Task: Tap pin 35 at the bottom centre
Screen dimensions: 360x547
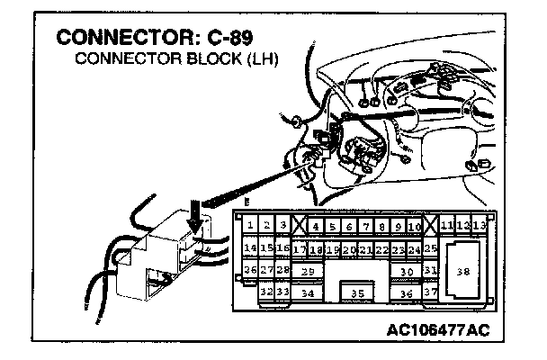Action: [x=358, y=292]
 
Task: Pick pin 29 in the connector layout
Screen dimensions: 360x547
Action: [x=308, y=270]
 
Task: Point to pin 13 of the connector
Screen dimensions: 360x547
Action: [x=480, y=225]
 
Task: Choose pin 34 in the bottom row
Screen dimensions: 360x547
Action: [x=308, y=292]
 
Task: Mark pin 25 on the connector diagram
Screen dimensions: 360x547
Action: [x=431, y=247]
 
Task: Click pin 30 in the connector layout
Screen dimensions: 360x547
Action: [x=407, y=270]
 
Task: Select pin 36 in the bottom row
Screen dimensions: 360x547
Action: [x=407, y=292]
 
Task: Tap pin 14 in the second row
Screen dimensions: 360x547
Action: [x=251, y=247]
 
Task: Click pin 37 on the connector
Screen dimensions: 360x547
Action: [x=431, y=292]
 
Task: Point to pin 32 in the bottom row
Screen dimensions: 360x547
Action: [x=266, y=292]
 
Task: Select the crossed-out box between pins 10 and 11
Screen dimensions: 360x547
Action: [x=431, y=226]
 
